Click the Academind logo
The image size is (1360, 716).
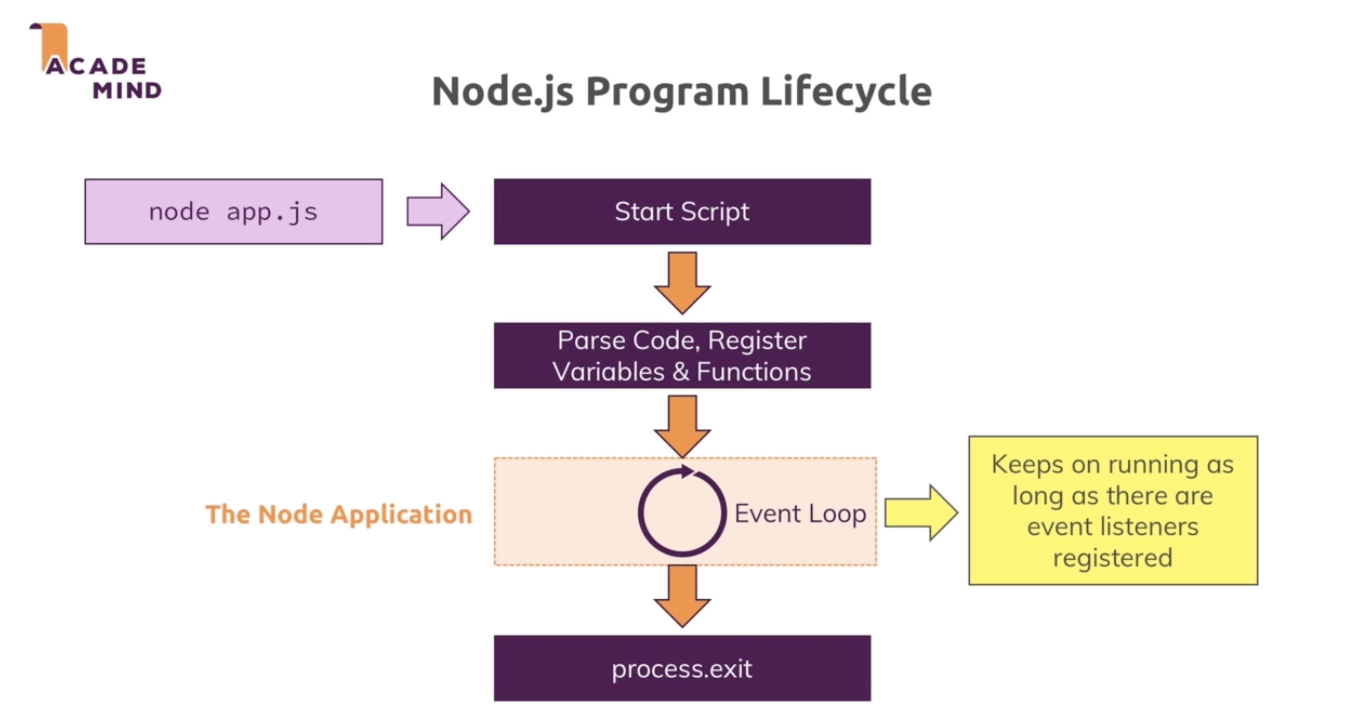point(95,62)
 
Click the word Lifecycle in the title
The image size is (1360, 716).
point(846,92)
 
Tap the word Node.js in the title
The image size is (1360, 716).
point(502,92)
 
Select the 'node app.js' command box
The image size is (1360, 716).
point(234,211)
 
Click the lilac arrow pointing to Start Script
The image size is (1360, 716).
point(437,211)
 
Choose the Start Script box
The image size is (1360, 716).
point(682,211)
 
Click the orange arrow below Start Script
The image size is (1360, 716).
point(682,282)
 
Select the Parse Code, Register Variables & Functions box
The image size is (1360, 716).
point(682,355)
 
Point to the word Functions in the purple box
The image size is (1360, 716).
point(754,371)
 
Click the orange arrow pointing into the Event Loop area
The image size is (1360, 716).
point(682,426)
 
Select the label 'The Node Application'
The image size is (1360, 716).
point(339,514)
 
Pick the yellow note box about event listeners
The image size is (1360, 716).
point(1113,510)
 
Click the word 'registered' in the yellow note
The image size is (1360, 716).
point(1113,557)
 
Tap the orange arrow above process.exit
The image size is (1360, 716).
point(682,595)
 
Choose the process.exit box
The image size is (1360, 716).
point(682,668)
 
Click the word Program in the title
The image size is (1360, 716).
point(667,92)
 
